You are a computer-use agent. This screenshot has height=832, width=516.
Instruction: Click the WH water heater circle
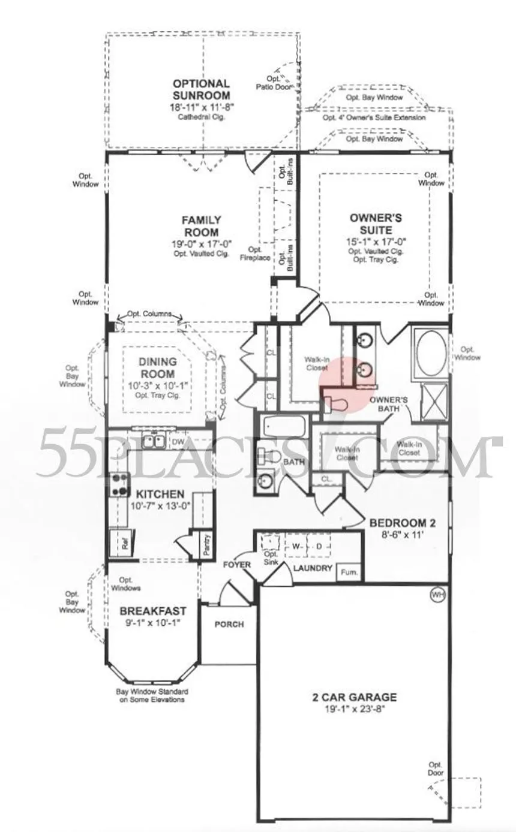pyautogui.click(x=438, y=595)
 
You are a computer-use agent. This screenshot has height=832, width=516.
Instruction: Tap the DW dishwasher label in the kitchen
pyautogui.click(x=178, y=442)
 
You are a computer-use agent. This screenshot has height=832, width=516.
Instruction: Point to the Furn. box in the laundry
pyautogui.click(x=349, y=572)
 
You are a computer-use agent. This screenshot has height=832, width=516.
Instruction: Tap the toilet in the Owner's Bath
pyautogui.click(x=335, y=404)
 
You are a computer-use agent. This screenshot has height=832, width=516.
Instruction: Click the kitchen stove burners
pyautogui.click(x=120, y=484)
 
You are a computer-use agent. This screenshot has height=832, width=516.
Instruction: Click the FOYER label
pyautogui.click(x=237, y=565)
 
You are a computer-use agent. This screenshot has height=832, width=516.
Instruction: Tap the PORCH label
pyautogui.click(x=229, y=625)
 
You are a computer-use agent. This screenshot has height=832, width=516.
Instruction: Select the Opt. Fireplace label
pyautogui.click(x=255, y=254)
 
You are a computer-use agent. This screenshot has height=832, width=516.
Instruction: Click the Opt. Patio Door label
pyautogui.click(x=273, y=83)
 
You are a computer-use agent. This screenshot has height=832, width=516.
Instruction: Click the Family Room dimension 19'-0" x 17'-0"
pyautogui.click(x=202, y=244)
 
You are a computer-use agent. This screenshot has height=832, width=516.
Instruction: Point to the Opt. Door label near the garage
pyautogui.click(x=436, y=769)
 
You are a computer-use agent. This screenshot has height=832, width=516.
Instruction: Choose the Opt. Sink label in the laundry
pyautogui.click(x=271, y=558)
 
